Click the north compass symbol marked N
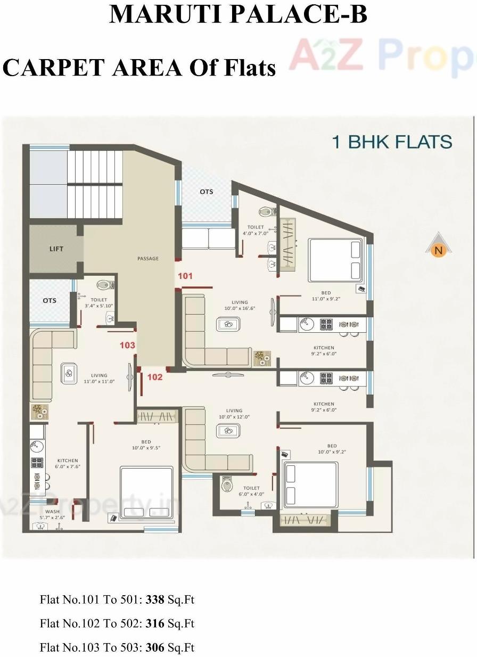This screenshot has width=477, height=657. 438,249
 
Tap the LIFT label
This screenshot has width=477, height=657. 56,249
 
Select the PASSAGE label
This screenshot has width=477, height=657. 148,259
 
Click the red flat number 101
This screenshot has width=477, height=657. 185,276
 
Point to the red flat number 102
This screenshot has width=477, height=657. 154,377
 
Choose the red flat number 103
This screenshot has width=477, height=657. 127,345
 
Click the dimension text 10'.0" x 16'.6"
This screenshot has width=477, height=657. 236,309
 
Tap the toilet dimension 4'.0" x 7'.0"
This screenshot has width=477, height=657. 256,233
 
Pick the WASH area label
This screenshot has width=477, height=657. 52,512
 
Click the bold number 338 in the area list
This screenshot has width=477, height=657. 155,600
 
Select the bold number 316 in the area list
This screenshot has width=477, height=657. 155,623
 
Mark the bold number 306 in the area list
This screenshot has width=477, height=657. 155,647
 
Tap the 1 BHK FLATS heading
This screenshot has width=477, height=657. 392,142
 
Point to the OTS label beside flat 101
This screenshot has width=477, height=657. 207,192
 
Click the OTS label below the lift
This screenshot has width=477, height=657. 50,300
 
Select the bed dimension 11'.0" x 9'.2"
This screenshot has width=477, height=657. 326,299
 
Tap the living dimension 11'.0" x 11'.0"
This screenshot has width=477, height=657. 99,381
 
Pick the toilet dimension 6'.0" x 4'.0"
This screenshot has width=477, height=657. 251,494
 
